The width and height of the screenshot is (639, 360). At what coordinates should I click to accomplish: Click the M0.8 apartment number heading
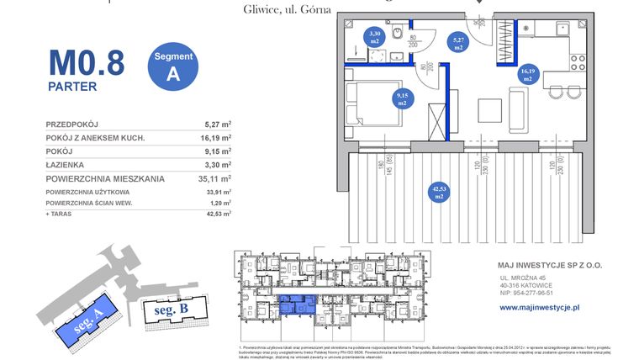coord(86,62)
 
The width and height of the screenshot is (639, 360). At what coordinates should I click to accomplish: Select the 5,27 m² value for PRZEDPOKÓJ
coord(218,122)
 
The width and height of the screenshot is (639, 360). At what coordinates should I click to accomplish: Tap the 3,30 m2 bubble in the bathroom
coord(376,37)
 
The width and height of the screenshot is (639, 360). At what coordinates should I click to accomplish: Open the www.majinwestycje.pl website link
coord(540,308)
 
